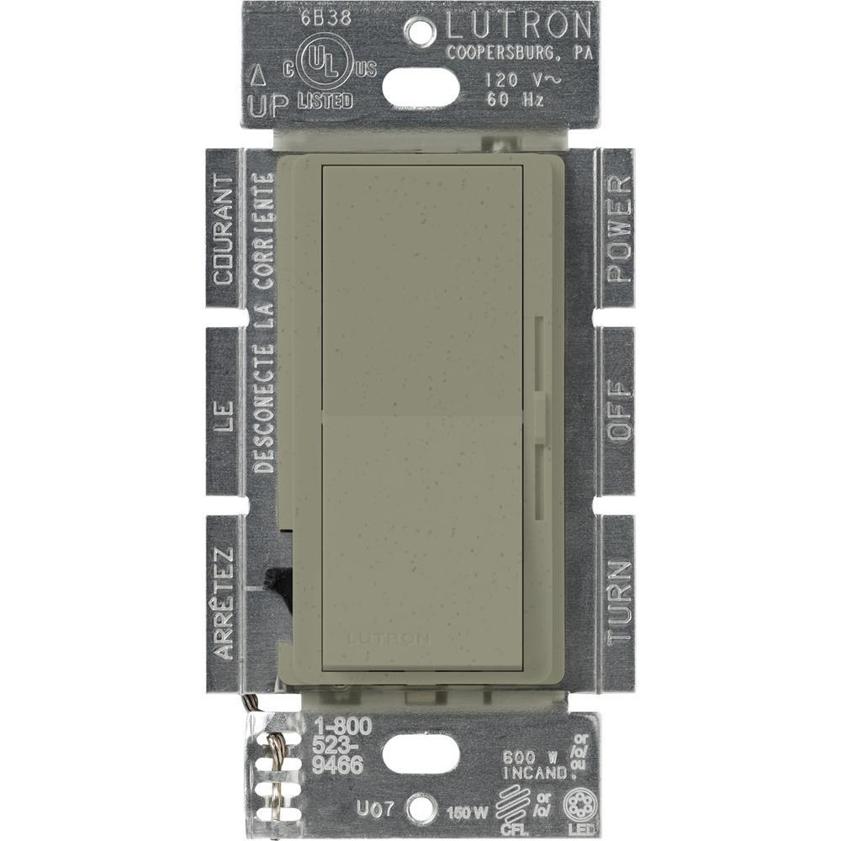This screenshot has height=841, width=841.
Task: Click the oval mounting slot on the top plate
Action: [x=420, y=84]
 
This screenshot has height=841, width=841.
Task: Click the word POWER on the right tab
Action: [x=619, y=229]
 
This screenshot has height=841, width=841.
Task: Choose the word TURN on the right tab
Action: [x=619, y=602]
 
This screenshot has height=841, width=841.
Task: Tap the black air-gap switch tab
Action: [x=273, y=580]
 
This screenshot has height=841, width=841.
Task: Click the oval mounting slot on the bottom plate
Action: [x=420, y=754]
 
